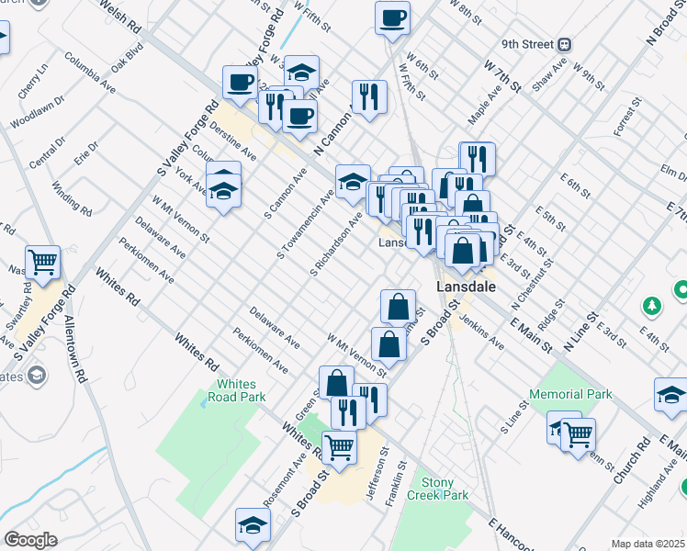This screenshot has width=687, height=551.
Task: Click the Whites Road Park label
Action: tap(241, 390)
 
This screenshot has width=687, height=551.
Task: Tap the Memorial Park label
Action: tap(569, 394)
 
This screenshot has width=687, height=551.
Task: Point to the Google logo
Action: tap(30, 540)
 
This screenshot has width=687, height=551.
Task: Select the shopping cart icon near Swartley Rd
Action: tap(42, 263)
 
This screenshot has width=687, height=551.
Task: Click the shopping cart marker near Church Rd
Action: tap(578, 433)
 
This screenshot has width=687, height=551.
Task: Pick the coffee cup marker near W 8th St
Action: tap(392, 17)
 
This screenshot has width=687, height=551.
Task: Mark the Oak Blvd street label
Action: tap(128, 58)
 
